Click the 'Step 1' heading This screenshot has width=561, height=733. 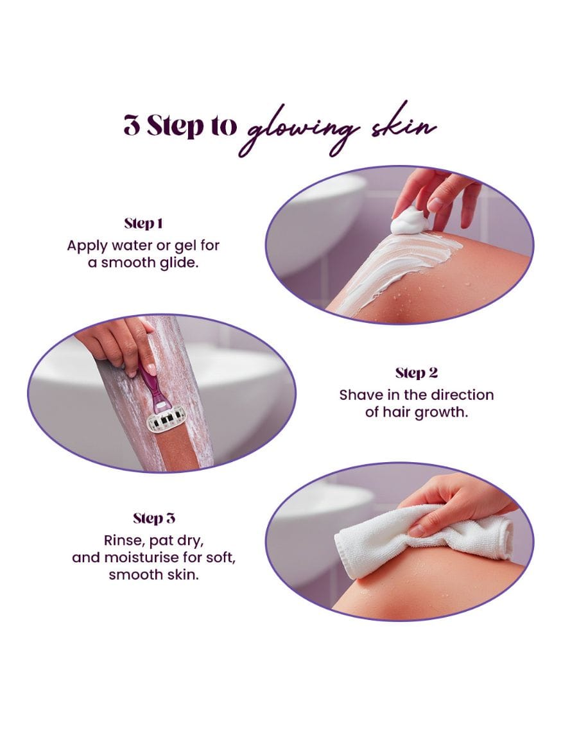(x=143, y=223)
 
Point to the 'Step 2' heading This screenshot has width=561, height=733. (x=417, y=373)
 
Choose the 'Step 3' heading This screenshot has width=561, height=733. (x=154, y=519)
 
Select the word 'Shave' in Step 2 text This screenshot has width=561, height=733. (x=358, y=395)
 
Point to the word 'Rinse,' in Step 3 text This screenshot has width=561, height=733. (x=125, y=541)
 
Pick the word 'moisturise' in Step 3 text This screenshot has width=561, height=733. (x=142, y=558)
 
